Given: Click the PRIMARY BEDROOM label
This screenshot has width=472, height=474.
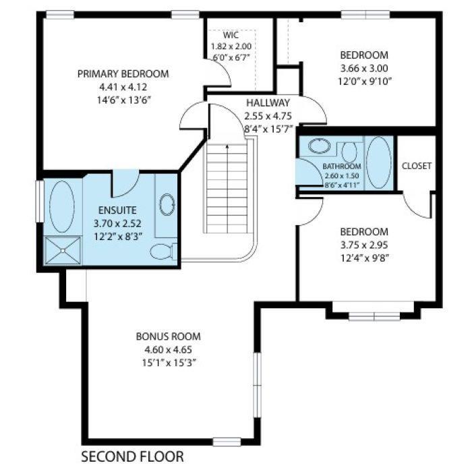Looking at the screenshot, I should click(123, 74).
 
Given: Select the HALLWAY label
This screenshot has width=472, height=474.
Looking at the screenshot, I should click(267, 102).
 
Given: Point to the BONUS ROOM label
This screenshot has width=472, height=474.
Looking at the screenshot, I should click(168, 337).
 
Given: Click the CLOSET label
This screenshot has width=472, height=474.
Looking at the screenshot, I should click(416, 166).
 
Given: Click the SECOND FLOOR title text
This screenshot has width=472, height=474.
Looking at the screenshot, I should click(132, 457).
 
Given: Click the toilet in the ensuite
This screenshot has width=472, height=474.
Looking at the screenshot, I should click(162, 252).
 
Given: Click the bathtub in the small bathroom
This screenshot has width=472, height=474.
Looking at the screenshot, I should click(378, 162).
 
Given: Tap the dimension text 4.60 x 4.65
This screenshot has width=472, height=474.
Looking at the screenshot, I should click(168, 350).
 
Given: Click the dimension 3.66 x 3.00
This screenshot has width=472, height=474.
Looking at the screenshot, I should click(363, 68).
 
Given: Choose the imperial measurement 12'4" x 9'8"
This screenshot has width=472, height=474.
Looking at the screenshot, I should click(363, 257).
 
